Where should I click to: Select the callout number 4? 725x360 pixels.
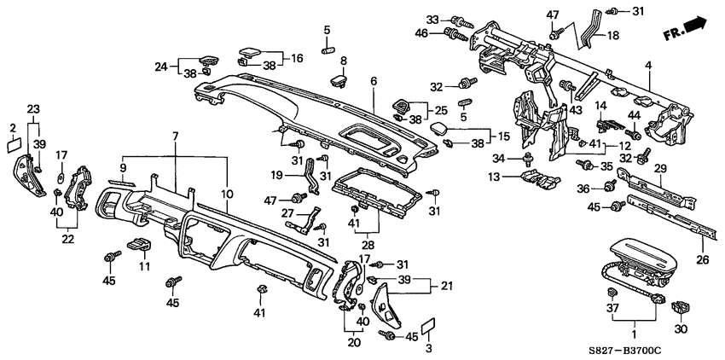(648, 65)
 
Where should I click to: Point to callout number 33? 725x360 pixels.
(432, 20)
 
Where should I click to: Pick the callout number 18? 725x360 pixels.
(613, 35)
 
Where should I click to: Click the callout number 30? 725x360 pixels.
(679, 329)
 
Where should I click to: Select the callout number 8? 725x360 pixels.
(344, 61)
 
